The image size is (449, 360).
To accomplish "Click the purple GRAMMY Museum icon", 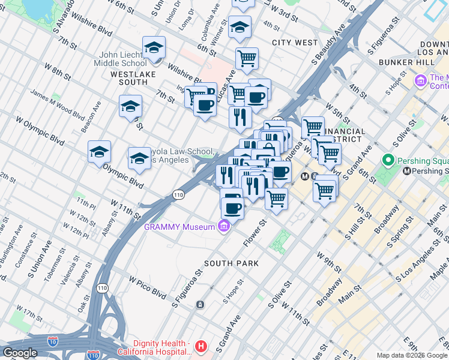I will pos(224,227).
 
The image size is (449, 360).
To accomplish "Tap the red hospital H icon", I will pos(201,346).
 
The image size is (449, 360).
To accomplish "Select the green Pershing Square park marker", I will pos(388,161).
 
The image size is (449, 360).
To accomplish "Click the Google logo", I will pos(20,353).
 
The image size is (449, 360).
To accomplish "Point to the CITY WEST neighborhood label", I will pos(294,43).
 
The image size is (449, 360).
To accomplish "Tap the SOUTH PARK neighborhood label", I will pos(231,263).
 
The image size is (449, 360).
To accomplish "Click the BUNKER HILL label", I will pos(402,62).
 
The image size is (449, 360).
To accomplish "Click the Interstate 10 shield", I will pos(52,341).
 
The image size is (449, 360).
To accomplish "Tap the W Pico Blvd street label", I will pos(147,287).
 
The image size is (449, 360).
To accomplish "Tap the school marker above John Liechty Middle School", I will pos(154,47).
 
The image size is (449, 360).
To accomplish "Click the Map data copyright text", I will pos(412,355).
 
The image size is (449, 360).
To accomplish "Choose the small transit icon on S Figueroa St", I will pos(200,304).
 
